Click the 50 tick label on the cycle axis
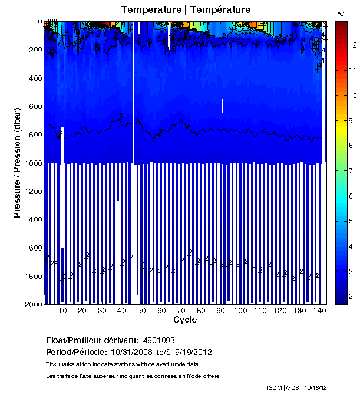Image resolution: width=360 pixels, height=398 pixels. point(142,311)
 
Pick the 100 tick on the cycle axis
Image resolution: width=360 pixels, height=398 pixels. point(241,311)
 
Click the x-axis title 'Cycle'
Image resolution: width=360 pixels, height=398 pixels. point(185,320)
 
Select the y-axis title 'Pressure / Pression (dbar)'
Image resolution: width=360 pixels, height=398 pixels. point(18,163)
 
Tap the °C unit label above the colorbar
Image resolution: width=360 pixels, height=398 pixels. point(341,13)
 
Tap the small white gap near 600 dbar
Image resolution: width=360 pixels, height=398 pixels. point(222,106)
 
